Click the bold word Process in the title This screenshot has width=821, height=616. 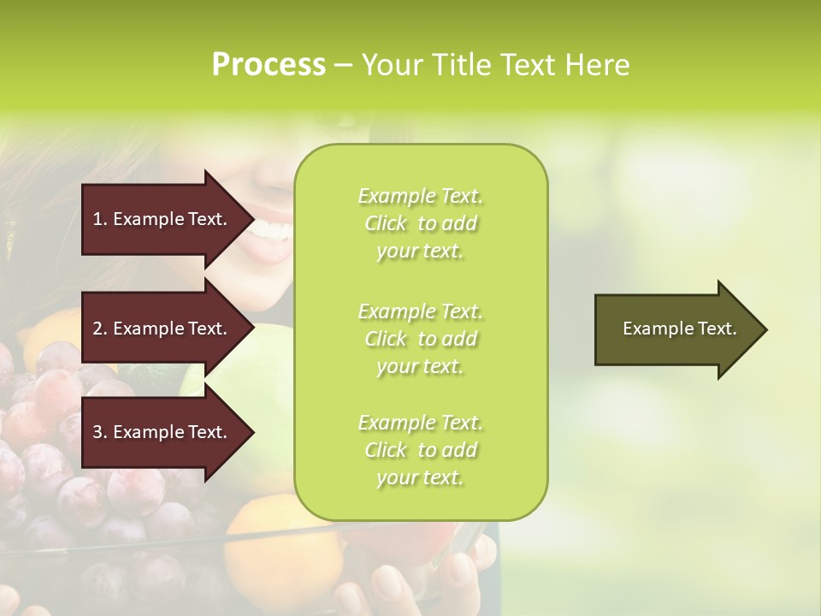tap(269, 65)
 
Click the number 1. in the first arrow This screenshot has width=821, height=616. tap(99, 219)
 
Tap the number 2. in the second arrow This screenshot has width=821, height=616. tap(99, 329)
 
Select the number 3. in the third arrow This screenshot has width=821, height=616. tap(99, 432)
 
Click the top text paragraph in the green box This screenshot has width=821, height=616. tap(420, 223)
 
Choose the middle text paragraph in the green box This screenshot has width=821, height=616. tap(420, 339)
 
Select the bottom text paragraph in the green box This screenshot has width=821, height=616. tap(420, 450)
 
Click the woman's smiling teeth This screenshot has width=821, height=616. tap(272, 229)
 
